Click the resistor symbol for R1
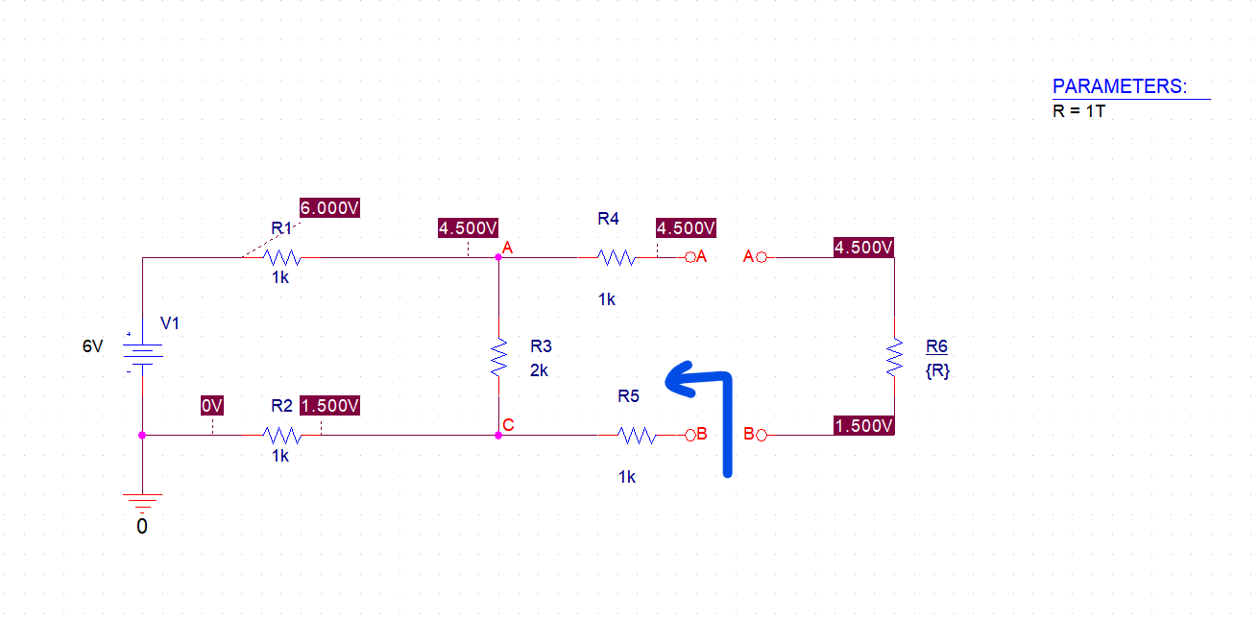coord(283,257)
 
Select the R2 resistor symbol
coord(282,435)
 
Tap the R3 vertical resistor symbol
coord(498,357)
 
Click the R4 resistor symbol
coord(616,257)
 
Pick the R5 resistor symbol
coord(638,436)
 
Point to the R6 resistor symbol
coord(895,357)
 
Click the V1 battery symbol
coord(142,357)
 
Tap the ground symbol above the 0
coord(142,501)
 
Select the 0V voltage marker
coord(212,406)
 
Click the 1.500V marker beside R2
coord(330,406)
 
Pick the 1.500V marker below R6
coord(864,425)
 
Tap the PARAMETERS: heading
coord(1120,86)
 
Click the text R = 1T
coord(1079,110)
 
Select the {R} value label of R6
coord(937,371)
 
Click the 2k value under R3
coord(539,370)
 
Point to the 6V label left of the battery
coord(92,346)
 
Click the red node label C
coord(507,424)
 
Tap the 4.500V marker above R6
coord(864,248)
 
